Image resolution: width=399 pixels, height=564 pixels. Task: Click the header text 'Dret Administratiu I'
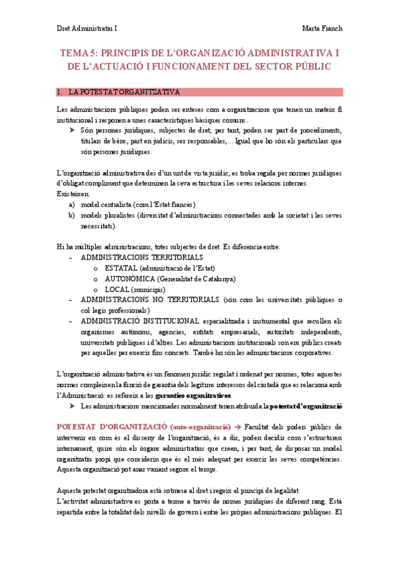[87, 29]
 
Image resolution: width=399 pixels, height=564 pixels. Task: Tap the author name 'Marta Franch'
[322, 29]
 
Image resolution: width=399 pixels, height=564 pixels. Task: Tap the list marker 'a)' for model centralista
[71, 204]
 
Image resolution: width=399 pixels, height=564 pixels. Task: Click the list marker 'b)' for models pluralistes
[71, 215]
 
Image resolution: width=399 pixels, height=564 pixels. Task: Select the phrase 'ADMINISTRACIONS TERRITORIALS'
[142, 257]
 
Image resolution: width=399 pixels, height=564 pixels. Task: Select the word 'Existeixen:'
[73, 194]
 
